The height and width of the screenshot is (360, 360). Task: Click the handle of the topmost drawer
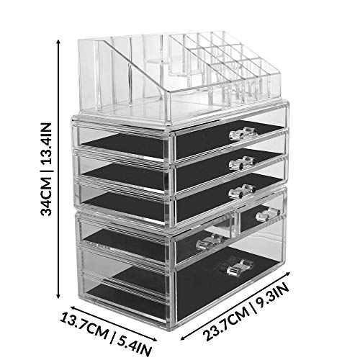coord(242,133)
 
